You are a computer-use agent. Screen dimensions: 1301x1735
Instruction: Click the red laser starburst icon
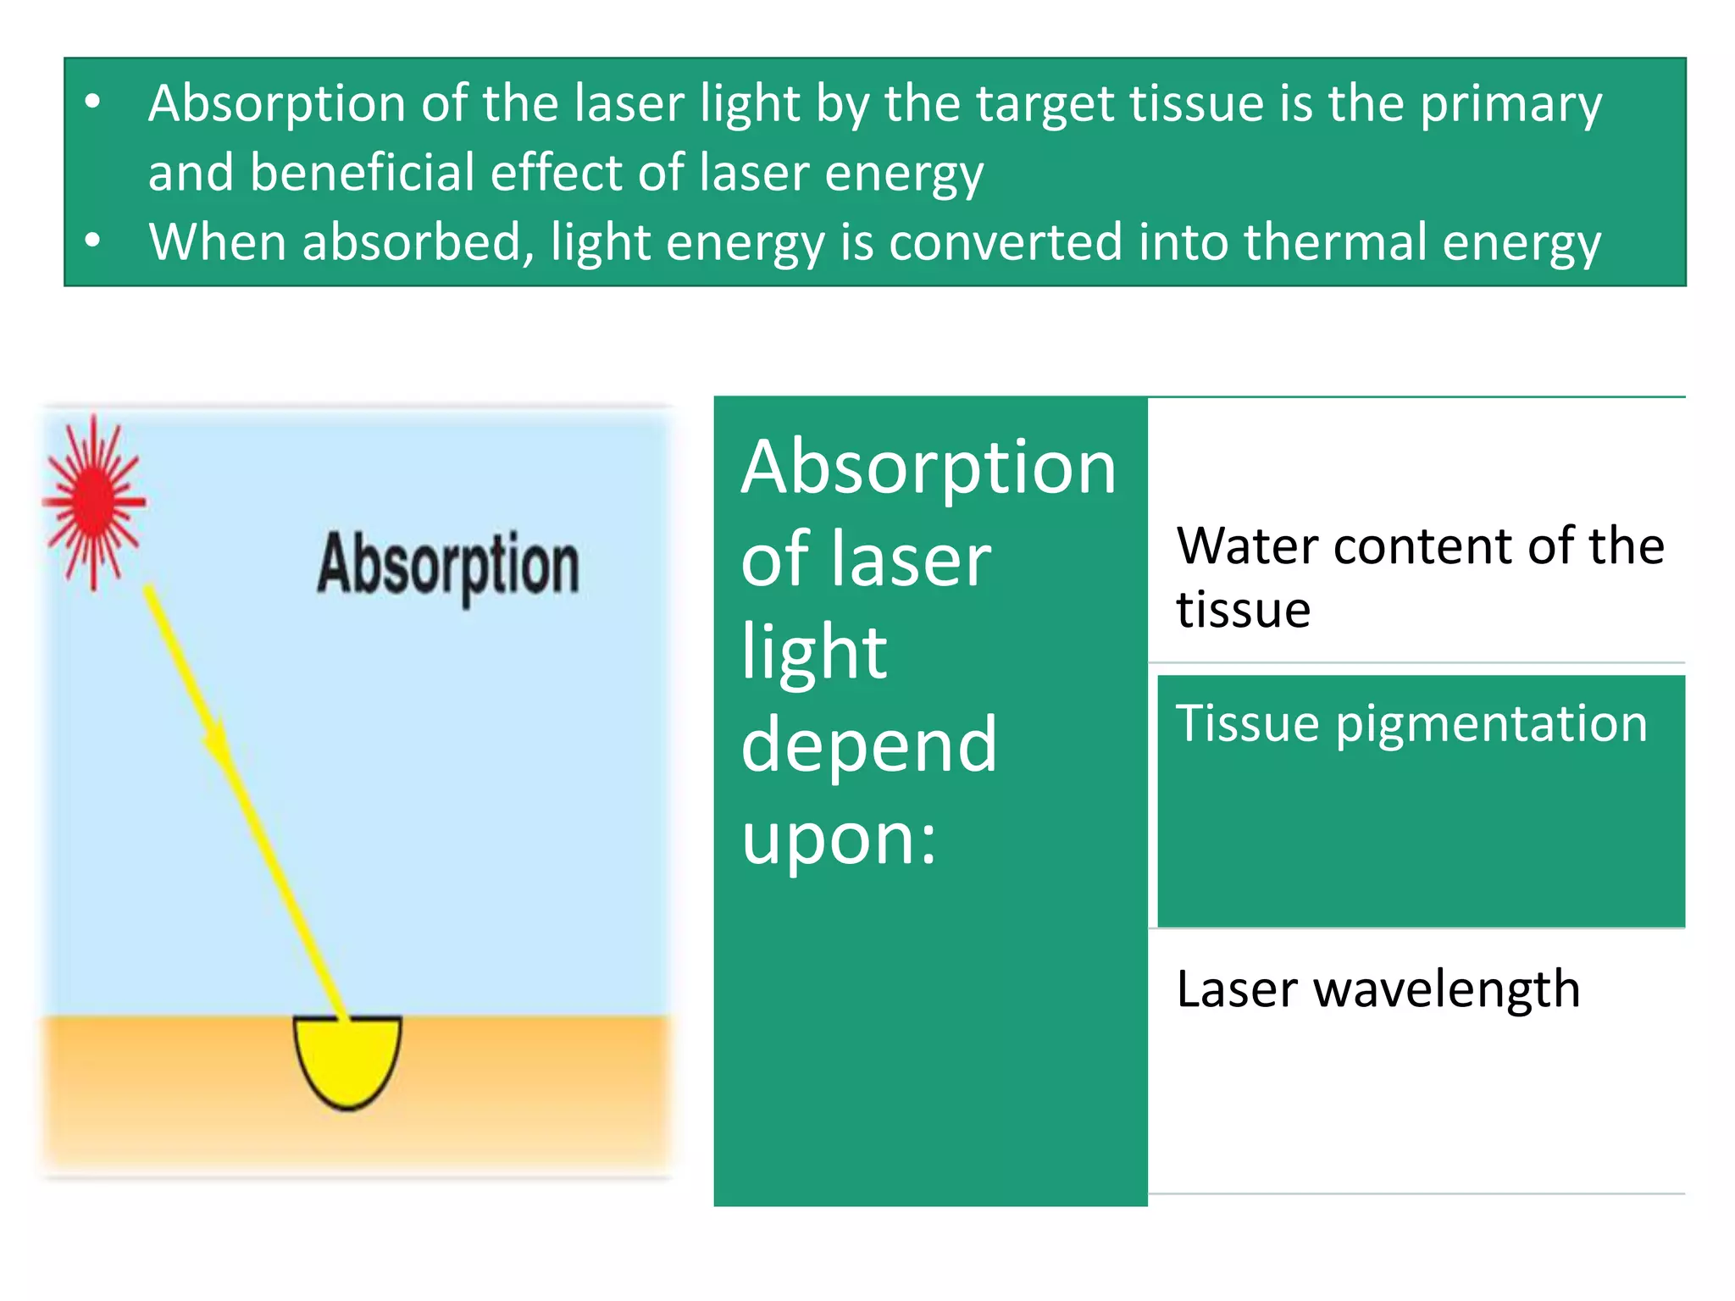tap(94, 501)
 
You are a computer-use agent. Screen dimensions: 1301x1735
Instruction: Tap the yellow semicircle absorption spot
tap(347, 1059)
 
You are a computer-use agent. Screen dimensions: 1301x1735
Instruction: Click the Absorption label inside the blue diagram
tap(448, 566)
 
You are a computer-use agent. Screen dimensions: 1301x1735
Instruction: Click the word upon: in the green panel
tap(839, 839)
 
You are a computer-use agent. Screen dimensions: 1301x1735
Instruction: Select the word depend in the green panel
tap(868, 745)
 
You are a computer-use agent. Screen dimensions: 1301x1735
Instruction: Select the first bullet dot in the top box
tap(93, 103)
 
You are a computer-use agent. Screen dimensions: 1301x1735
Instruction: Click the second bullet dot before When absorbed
tap(93, 241)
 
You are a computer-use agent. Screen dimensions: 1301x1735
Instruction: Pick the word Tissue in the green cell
tap(1247, 724)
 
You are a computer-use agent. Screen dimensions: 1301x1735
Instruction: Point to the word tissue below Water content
tap(1243, 610)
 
